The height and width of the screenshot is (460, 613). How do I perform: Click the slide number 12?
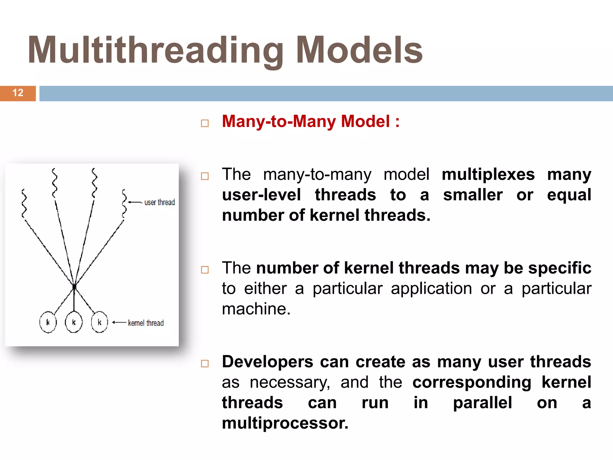pos(18,93)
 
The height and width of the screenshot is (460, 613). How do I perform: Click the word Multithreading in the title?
pos(156,50)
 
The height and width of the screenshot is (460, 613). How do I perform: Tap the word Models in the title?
pos(359,50)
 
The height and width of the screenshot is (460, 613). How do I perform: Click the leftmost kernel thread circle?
pos(48,322)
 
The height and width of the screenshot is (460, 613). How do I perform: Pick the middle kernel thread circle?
pos(74,322)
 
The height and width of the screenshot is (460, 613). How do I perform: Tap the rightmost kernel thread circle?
pos(99,322)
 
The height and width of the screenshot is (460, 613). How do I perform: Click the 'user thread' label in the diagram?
pos(160,202)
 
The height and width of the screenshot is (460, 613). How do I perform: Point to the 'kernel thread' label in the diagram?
pos(146,323)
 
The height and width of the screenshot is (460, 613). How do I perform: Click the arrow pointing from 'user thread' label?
pos(135,202)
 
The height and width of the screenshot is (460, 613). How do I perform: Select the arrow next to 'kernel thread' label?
pos(119,323)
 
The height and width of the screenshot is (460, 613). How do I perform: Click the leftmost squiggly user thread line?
pos(24,204)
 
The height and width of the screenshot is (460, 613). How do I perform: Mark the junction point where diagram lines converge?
pos(74,287)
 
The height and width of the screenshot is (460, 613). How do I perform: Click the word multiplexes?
pos(488,174)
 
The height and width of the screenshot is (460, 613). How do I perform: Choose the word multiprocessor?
pos(285,423)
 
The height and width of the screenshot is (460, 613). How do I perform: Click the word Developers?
pos(267,361)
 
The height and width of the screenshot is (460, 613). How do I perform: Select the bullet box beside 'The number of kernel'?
pos(205,270)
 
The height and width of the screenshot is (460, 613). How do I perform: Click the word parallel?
pos(482,402)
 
